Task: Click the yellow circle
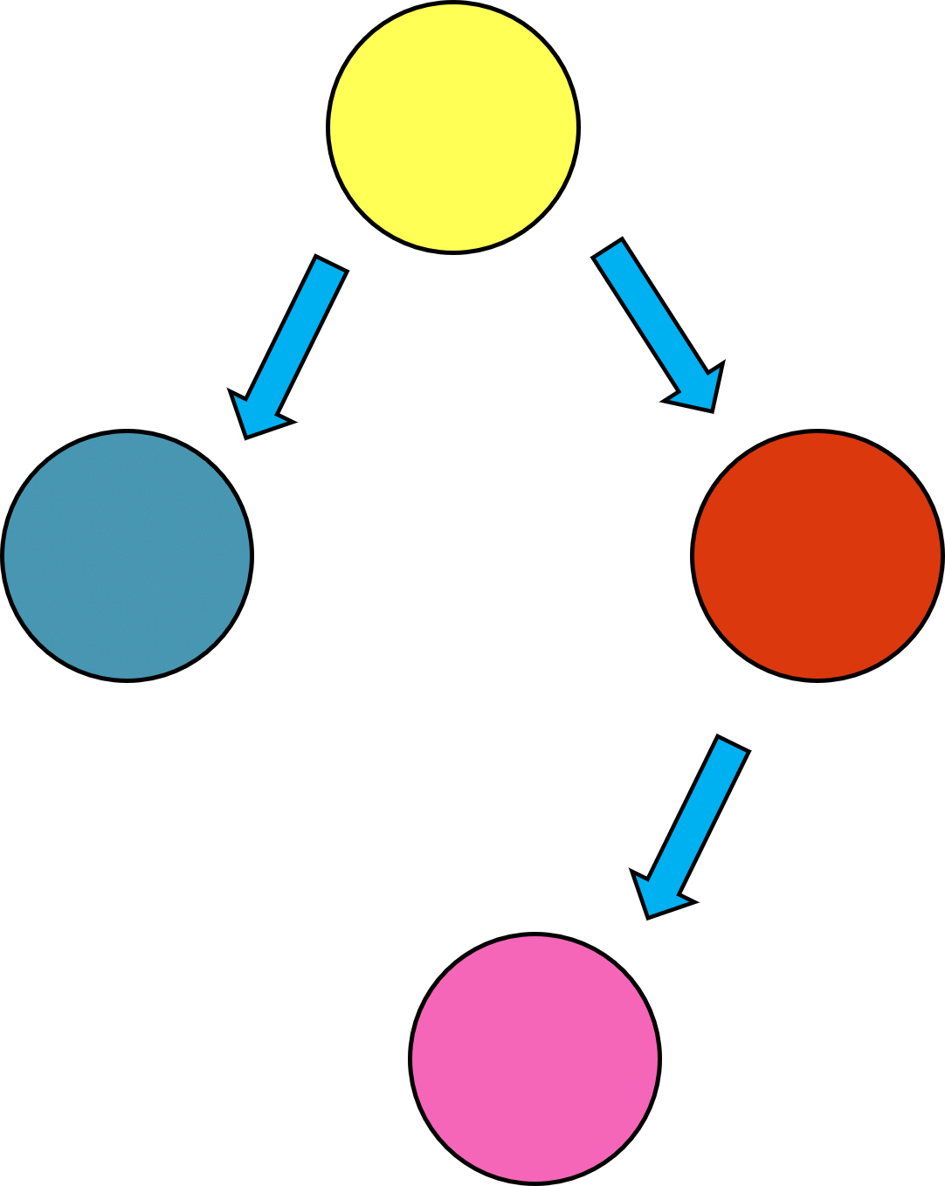point(453,128)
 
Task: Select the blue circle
point(128,555)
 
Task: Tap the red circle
point(817,555)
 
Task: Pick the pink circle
point(535,1058)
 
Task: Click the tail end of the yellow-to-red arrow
point(609,248)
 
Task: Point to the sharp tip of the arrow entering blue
point(245,437)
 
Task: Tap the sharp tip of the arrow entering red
point(714,410)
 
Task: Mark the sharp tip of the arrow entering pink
point(648,917)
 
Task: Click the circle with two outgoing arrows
point(453,128)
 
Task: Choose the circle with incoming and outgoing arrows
point(817,555)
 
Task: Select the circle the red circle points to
point(535,1058)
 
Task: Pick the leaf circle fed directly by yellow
point(128,555)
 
